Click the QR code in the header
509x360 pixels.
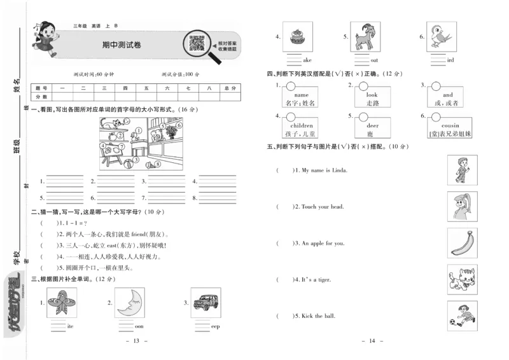[197, 45]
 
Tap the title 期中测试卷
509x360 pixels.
[122, 45]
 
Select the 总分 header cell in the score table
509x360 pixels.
[230, 88]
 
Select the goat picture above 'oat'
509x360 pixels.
[366, 39]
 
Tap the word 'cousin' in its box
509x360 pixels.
[450, 126]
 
